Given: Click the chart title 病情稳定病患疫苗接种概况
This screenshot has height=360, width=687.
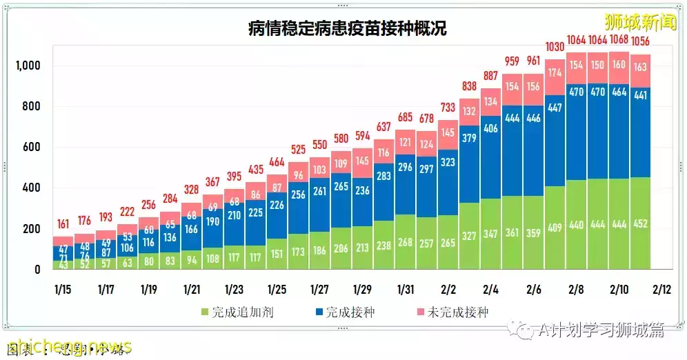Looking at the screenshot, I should click(x=348, y=28).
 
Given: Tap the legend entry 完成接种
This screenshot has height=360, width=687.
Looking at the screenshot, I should click(x=345, y=312).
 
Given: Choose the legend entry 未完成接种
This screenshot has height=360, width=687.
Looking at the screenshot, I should click(x=451, y=312).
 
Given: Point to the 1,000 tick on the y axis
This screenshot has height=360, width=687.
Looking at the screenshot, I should click(x=28, y=66).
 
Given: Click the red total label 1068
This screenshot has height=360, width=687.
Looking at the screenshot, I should click(x=619, y=39).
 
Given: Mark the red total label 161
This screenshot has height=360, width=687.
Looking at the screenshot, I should click(x=64, y=224).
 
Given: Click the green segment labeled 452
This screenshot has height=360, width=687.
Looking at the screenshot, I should click(x=641, y=223).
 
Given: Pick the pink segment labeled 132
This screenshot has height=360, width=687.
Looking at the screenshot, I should click(x=470, y=112).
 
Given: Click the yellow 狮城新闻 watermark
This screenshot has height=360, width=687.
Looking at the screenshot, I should click(x=630, y=22).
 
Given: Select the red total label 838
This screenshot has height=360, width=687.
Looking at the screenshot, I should click(x=470, y=86).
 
